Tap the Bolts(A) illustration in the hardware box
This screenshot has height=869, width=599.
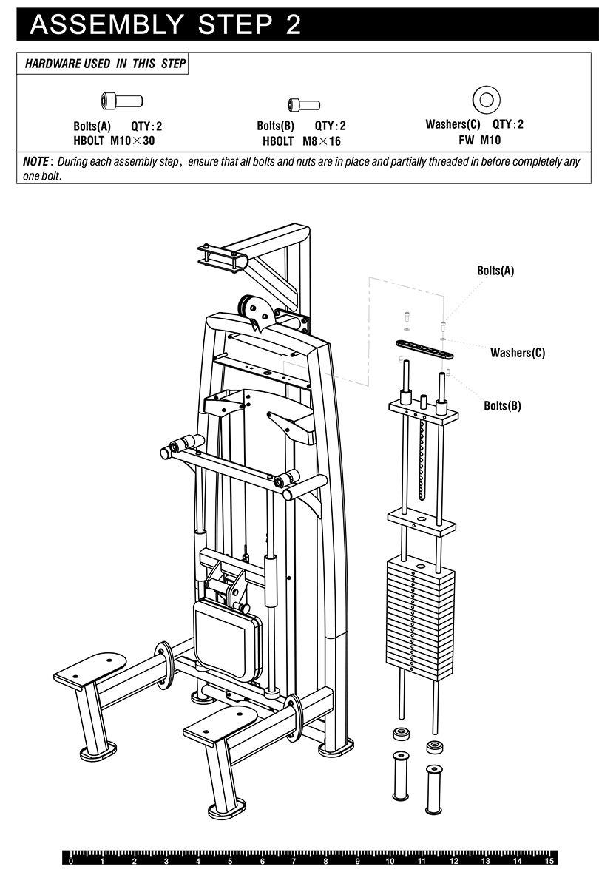tap(121, 101)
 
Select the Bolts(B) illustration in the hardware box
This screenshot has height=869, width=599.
tap(304, 105)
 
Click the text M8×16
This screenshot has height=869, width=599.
tap(322, 141)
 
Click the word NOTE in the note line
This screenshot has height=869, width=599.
tap(37, 161)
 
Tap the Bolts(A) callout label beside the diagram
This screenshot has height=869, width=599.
tap(495, 271)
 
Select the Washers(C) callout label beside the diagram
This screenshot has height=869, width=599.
tap(517, 353)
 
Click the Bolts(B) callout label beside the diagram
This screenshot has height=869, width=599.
tap(502, 405)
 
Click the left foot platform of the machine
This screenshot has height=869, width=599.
tap(89, 670)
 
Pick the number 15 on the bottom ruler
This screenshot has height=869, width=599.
tap(548, 862)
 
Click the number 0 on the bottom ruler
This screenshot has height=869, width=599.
tap(71, 862)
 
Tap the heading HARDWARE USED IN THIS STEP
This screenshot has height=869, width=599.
tap(105, 64)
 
